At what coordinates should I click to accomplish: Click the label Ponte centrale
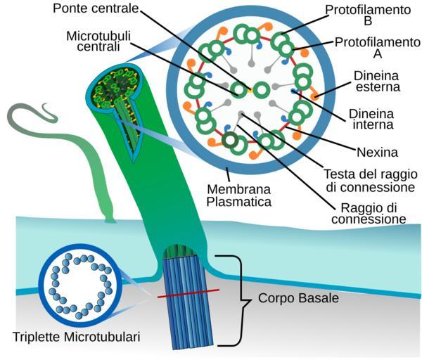(99, 10)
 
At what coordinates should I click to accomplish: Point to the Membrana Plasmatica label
(239, 195)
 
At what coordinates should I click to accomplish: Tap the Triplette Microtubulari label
(76, 337)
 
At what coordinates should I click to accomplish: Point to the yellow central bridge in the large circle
(250, 90)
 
